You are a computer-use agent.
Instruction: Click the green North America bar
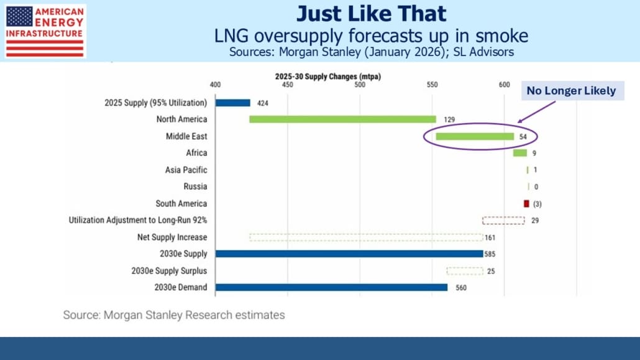coord(342,119)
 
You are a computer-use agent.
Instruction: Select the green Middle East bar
coord(475,136)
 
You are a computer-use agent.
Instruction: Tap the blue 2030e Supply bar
coord(349,254)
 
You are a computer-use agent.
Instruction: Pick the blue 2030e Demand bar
coord(331,287)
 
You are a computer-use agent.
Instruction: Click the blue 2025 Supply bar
coord(232,103)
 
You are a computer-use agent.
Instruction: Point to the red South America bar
coord(526,203)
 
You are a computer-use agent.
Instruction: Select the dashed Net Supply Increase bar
coord(366,237)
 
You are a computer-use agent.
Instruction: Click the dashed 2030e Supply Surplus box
coord(465,271)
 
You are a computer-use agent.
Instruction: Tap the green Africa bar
coord(520,153)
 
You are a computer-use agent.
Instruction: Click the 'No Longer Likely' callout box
coord(571,91)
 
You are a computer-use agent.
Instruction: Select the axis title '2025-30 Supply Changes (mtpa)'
coord(327,76)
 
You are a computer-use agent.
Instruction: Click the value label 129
coord(447,119)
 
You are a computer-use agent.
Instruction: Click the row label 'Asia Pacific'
coord(186,170)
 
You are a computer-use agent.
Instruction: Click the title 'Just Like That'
coord(371,14)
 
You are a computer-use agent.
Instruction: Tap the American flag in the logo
coord(20,16)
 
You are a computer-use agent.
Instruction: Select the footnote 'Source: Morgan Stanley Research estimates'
coord(174,315)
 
